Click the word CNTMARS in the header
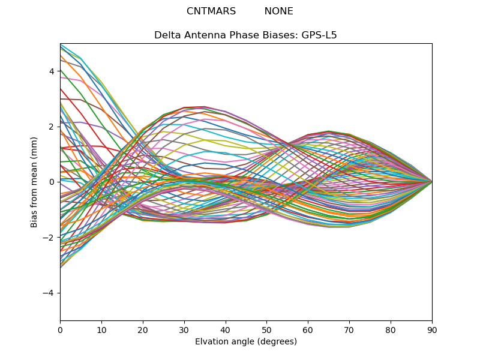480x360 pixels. (x=211, y=11)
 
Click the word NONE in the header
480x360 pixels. (x=278, y=11)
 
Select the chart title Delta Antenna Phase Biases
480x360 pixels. (x=224, y=35)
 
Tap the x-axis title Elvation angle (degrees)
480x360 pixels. (x=246, y=342)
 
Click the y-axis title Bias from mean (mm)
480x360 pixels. (x=34, y=181)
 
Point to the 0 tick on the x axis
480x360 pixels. (x=60, y=329)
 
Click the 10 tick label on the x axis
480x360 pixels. (x=101, y=329)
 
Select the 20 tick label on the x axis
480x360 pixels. (x=143, y=329)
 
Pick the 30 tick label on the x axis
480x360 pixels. (x=184, y=329)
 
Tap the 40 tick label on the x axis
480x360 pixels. (x=226, y=329)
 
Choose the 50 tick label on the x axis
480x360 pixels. (x=266, y=329)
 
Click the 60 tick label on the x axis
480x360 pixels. (x=308, y=329)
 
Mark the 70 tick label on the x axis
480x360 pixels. (x=349, y=329)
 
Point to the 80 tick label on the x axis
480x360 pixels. (x=391, y=329)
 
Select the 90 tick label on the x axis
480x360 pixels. (x=432, y=329)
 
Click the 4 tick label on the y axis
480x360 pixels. (x=52, y=71)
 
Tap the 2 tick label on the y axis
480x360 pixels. (x=52, y=127)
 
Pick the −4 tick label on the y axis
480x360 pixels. (x=49, y=293)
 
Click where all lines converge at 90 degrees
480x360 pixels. (x=432, y=182)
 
